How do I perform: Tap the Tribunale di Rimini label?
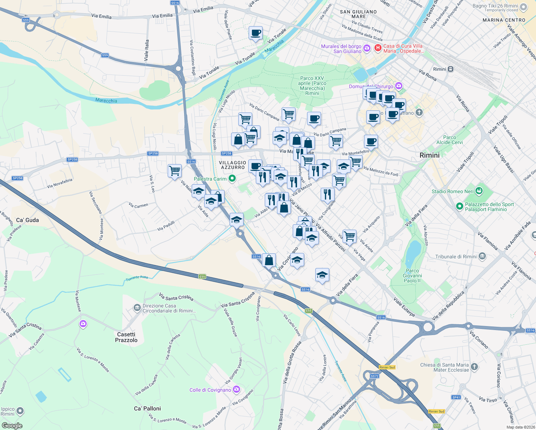(456, 257)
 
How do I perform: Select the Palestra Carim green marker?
(232, 178)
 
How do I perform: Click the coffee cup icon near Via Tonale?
(255, 33)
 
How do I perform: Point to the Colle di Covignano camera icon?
(236, 389)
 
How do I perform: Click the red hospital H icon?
(378, 48)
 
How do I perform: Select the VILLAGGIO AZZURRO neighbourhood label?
(233, 165)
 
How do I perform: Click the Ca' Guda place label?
(28, 220)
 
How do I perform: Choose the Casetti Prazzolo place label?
(126, 337)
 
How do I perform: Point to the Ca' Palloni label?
(147, 408)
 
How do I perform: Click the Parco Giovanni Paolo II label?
(412, 276)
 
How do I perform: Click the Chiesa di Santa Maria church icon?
(474, 367)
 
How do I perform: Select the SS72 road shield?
(374, 376)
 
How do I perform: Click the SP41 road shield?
(456, 397)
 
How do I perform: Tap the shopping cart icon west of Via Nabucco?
(174, 171)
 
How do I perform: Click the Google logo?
(12, 426)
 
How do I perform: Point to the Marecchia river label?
(106, 100)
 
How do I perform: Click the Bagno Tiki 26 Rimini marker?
(523, 7)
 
